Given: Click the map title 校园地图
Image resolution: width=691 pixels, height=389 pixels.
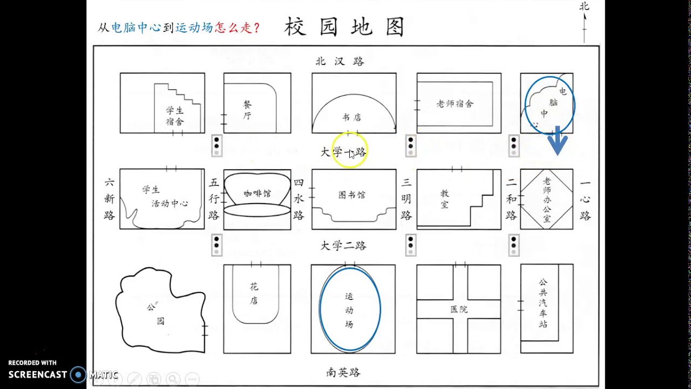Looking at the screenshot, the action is click(x=344, y=28).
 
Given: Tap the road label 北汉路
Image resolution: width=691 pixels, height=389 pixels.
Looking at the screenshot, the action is click(x=340, y=61).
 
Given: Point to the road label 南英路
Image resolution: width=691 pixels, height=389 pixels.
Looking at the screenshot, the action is click(x=343, y=372).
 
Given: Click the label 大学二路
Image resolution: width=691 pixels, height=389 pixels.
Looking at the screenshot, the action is click(x=343, y=246).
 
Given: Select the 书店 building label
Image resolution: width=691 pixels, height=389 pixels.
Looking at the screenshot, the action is click(x=351, y=117).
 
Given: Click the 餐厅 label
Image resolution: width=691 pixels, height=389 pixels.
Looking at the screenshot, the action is click(x=247, y=110).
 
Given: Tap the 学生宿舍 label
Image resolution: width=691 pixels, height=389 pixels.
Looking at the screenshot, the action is click(x=175, y=116).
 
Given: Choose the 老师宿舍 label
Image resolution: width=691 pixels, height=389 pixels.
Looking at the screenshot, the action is click(x=455, y=104).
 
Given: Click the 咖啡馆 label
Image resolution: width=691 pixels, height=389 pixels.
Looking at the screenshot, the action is click(x=257, y=193).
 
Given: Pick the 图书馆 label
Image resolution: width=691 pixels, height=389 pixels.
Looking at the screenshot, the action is click(x=352, y=195).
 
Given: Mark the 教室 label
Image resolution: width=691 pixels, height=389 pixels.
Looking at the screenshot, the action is click(x=445, y=199).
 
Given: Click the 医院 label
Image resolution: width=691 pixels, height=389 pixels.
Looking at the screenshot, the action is click(x=459, y=309).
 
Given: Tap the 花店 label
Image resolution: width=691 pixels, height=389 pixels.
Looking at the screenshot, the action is click(x=254, y=293).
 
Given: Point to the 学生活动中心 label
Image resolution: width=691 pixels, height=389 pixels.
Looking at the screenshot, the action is click(x=162, y=197).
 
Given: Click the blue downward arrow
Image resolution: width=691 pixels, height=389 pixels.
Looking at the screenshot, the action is click(x=557, y=142).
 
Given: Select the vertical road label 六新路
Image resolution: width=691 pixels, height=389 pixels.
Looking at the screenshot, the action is click(x=109, y=199).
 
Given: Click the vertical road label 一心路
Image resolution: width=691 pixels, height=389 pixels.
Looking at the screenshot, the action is click(x=585, y=199).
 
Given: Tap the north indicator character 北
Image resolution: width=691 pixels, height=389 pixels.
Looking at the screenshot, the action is click(x=584, y=6).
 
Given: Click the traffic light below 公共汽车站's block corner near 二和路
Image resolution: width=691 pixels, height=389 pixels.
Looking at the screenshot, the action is click(x=514, y=245).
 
